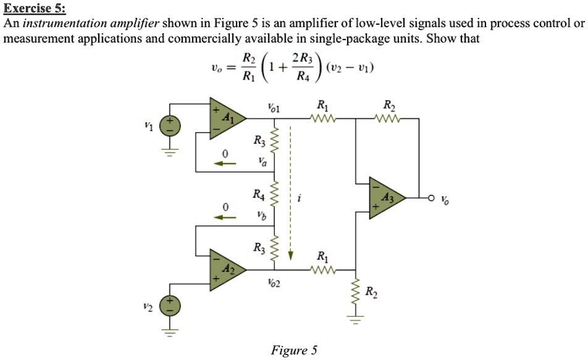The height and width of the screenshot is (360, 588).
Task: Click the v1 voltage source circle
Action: pos(170,127)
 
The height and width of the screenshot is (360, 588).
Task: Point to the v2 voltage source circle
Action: pos(170,306)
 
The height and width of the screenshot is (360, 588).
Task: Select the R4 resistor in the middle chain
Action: pos(275,197)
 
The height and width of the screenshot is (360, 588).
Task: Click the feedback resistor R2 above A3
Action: pos(388,115)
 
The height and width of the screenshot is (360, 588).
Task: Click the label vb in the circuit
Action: pos(262,216)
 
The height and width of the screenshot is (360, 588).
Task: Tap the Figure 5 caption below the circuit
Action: pos(294,351)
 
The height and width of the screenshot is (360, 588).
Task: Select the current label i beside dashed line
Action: pos(300,198)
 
